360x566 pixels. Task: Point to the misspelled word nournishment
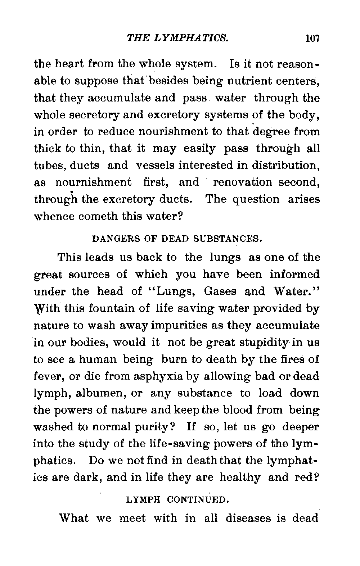pyautogui.click(x=94, y=182)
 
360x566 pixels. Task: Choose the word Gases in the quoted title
pyautogui.click(x=220, y=291)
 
